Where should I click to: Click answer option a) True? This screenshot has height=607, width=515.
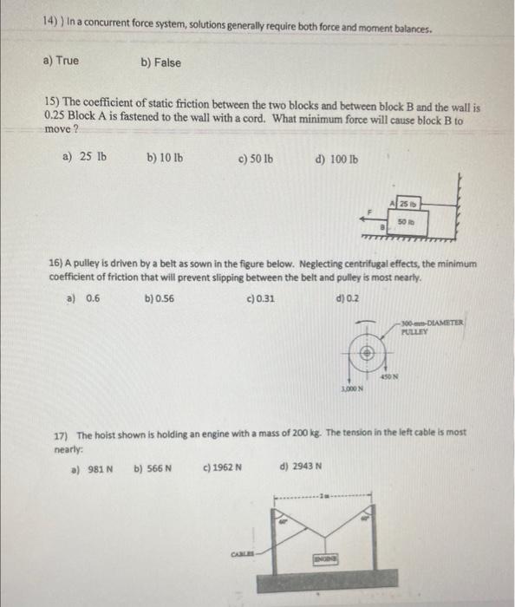[x=61, y=61]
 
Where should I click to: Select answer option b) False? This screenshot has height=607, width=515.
[x=160, y=62]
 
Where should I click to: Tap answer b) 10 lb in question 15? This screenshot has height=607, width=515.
[x=165, y=159]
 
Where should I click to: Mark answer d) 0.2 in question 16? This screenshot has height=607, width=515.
[x=346, y=299]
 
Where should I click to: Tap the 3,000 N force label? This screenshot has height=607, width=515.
[x=349, y=393]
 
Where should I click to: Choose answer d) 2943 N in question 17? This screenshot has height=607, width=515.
[x=301, y=467]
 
